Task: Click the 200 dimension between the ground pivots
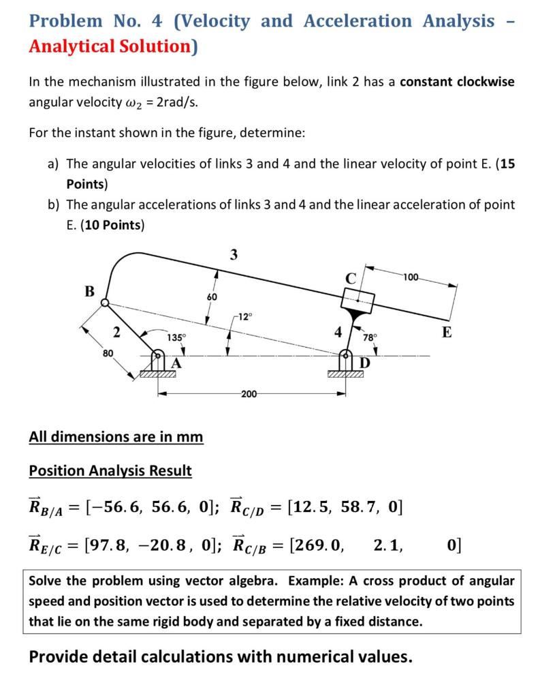pos(249,394)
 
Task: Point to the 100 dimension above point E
pos(411,277)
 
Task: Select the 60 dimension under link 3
pos(212,297)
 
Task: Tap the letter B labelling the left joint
pos(89,291)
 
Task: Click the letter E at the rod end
pos(446,332)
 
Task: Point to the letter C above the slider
pos(351,278)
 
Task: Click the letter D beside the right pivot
pos(364,363)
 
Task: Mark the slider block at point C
pos(358,299)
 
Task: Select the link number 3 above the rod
pos(234,255)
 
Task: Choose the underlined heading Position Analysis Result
pos(110,470)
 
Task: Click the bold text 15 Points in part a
pos(507,164)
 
